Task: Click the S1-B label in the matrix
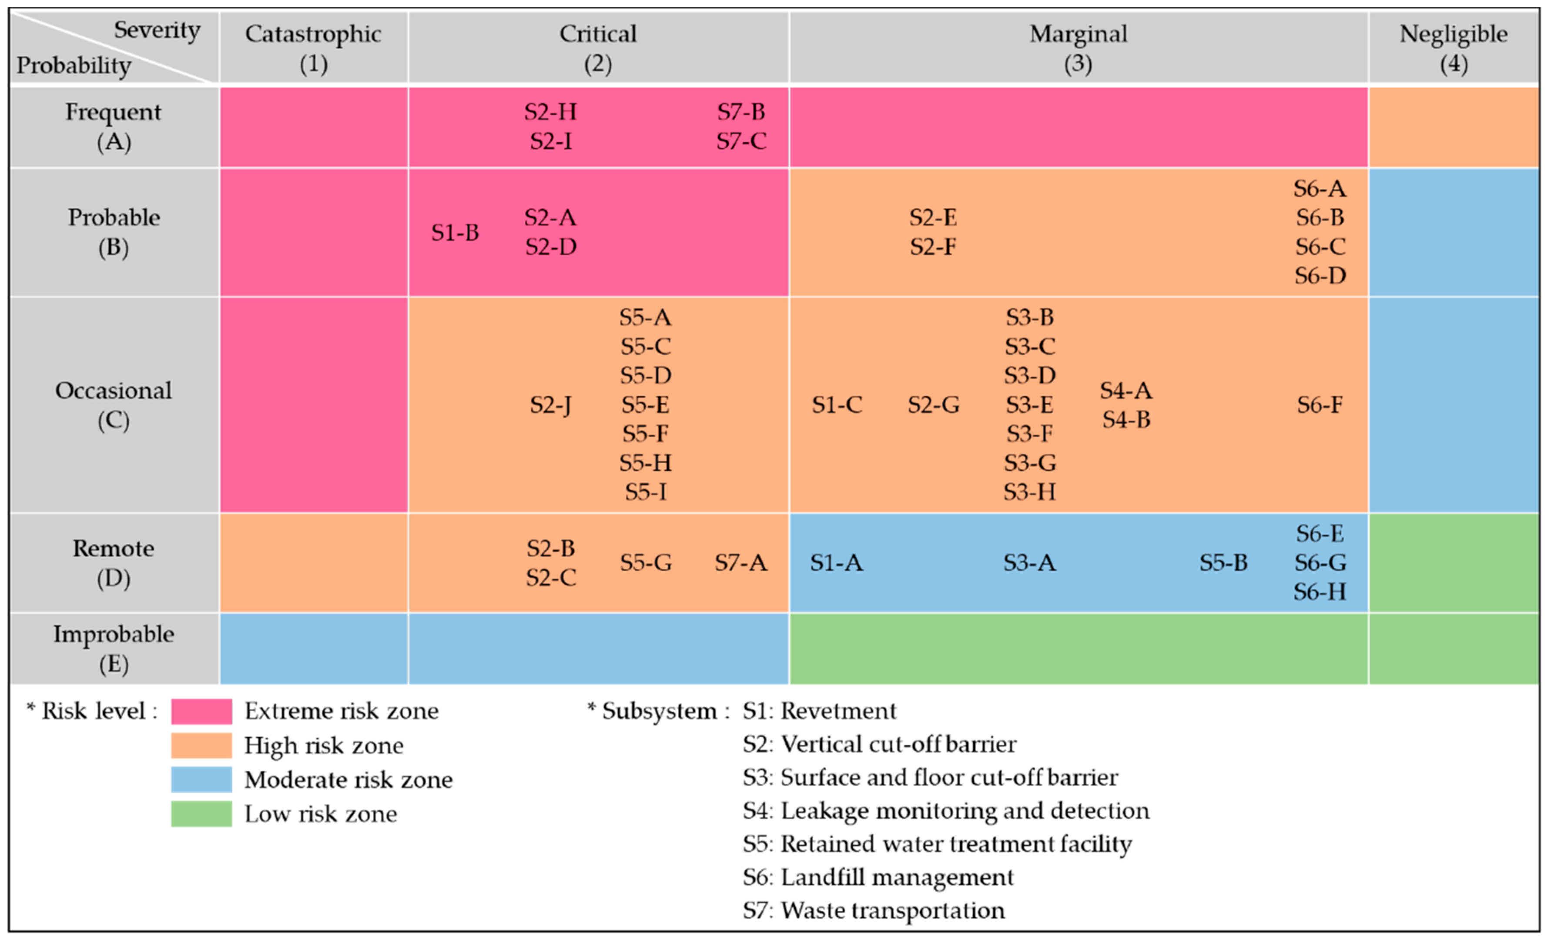[x=455, y=232]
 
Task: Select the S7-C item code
[x=741, y=141]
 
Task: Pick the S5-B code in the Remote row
[x=1223, y=562]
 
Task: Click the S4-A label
[x=1126, y=390]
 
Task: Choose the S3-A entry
[x=1029, y=562]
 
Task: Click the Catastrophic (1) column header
[x=313, y=48]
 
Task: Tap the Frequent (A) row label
[x=113, y=126]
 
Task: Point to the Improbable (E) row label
[x=113, y=649]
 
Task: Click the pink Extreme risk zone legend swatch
[x=201, y=711]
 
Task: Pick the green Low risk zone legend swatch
[x=201, y=813]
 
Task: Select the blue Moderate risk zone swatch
[x=201, y=779]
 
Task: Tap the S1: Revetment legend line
[x=819, y=711]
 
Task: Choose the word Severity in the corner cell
[x=157, y=30]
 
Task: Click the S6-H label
[x=1320, y=592]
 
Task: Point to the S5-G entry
[x=645, y=562]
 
